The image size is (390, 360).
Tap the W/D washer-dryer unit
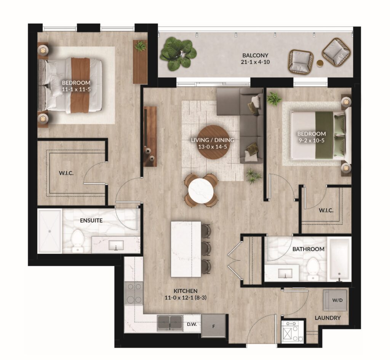pos(335,300)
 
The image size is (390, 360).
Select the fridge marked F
pos(213,326)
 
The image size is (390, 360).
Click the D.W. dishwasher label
pos(192,324)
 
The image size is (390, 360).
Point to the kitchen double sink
pos(170,323)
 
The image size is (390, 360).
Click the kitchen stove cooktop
pos(134,293)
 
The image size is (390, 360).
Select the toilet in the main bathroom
pos(313,269)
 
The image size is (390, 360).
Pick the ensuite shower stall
pos(50,231)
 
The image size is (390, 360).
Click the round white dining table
pos(201,189)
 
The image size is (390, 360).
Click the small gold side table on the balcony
pos(320,63)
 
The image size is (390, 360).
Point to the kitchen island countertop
pos(186,249)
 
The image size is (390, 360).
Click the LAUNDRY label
pos(328,318)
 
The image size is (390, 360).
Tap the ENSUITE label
pos(91,220)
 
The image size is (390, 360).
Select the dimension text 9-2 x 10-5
pos(312,140)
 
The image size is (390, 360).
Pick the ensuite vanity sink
pos(116,245)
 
